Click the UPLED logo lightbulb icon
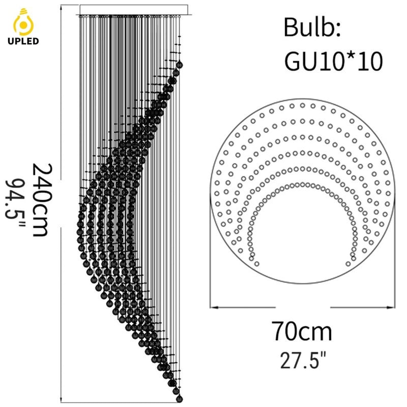[x=23, y=22]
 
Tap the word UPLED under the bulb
[x=23, y=41]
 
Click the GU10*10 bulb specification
[x=334, y=61]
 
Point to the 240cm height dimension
[x=42, y=199]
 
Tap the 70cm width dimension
[x=302, y=331]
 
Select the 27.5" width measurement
[x=302, y=360]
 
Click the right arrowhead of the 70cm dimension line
[x=391, y=307]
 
